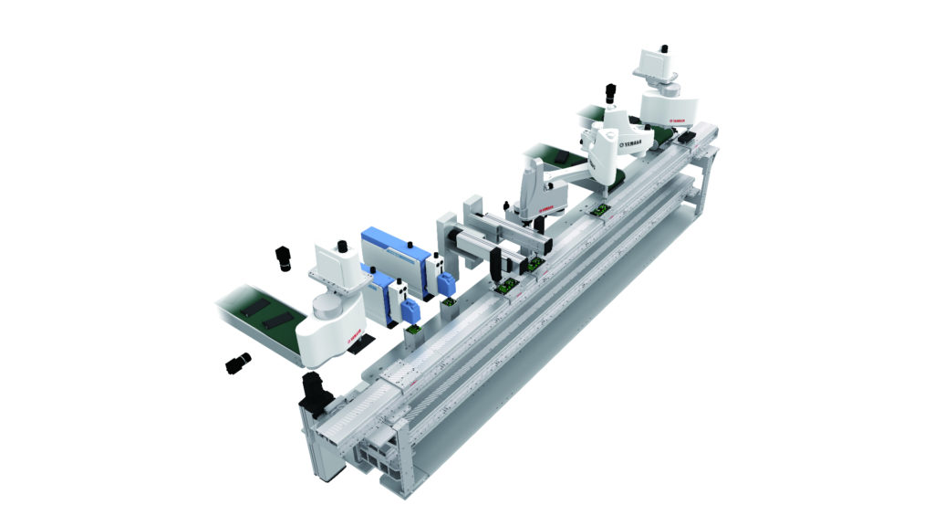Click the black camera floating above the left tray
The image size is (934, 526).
pyautogui.click(x=283, y=258)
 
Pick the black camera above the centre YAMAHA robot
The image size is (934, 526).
pyautogui.click(x=609, y=95)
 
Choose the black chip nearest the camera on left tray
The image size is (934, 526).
pyautogui.click(x=276, y=321)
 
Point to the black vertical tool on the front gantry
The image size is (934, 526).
pyautogui.click(x=494, y=265)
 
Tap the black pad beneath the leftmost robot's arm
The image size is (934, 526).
pyautogui.click(x=363, y=343)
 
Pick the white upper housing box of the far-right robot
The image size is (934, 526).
pyautogui.click(x=655, y=64)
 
